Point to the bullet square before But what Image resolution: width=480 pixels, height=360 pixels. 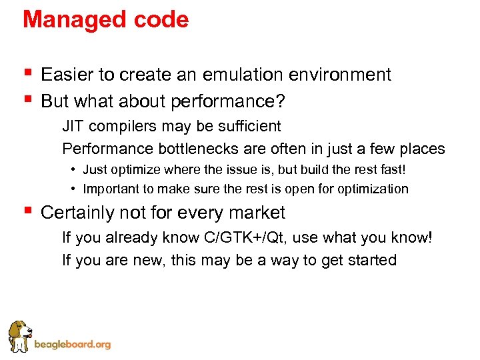click(x=27, y=99)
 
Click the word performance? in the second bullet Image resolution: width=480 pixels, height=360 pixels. click(x=228, y=101)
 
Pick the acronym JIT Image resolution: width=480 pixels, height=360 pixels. click(x=73, y=126)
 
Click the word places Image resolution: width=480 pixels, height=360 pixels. click(x=421, y=149)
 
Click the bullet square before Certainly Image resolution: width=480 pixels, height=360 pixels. click(x=27, y=211)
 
